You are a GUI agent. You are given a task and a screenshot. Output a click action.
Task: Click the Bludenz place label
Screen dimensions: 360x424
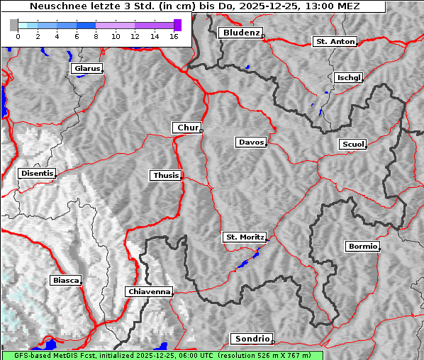click(240, 33)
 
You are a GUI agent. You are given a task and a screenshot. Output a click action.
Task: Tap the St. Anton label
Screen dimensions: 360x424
click(334, 42)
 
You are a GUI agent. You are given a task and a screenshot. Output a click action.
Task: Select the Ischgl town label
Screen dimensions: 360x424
click(348, 77)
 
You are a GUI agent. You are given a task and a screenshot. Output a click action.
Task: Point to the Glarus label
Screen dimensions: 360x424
click(86, 69)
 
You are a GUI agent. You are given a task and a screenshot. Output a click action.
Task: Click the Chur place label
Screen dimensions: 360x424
click(187, 128)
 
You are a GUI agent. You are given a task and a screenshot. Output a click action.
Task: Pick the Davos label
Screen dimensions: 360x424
click(250, 142)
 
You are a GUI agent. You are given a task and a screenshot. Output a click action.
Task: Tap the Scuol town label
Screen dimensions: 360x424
click(352, 145)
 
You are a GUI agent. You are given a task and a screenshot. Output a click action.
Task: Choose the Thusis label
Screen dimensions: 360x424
click(165, 175)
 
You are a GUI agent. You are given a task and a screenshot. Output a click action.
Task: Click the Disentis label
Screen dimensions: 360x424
click(36, 173)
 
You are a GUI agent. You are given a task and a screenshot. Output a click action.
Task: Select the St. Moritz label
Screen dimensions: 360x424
click(244, 237)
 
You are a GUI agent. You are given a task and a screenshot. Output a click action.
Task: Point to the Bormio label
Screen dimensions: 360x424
click(362, 247)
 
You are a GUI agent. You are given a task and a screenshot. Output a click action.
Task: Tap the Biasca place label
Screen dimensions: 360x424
click(65, 280)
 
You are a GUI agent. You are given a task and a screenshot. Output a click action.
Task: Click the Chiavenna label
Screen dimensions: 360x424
click(148, 291)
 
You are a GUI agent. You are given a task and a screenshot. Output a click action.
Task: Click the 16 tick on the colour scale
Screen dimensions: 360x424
click(174, 35)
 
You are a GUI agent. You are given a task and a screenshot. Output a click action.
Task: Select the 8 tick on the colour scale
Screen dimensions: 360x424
click(96, 35)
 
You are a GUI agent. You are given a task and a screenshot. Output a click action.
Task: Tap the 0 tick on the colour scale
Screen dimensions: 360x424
click(18, 35)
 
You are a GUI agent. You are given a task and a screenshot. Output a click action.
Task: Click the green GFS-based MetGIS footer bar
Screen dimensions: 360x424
click(162, 355)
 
